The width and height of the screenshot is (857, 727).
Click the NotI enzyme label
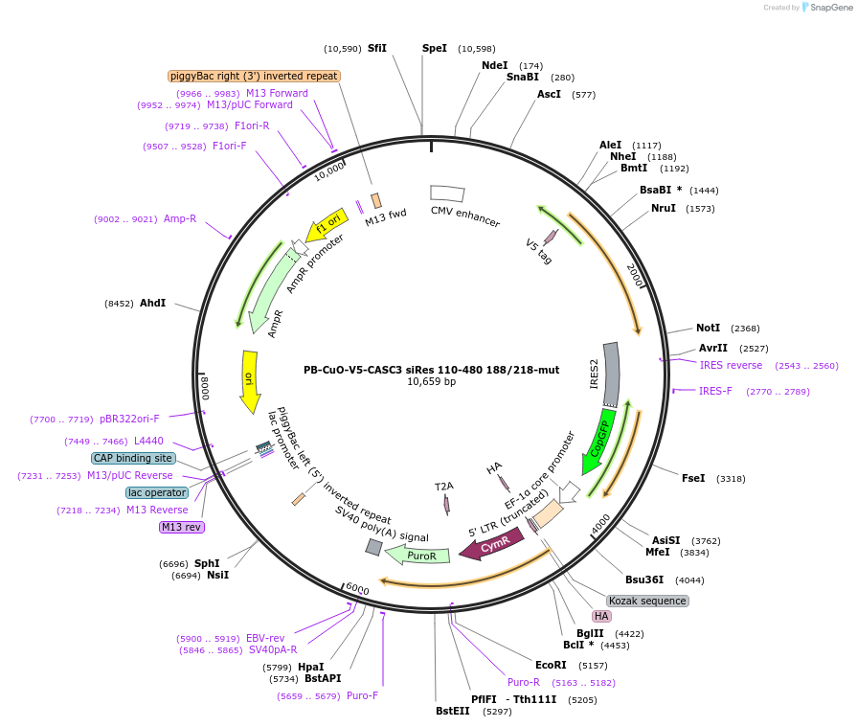click(709, 328)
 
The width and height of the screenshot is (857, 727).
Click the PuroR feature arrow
click(422, 556)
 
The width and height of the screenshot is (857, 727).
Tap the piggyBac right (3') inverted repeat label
click(254, 76)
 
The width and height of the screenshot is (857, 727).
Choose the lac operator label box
click(157, 492)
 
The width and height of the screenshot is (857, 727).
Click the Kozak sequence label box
click(647, 601)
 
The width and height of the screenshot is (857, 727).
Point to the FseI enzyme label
click(693, 478)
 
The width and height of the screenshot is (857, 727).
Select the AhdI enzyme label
click(153, 303)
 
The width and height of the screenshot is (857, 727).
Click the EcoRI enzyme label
click(551, 665)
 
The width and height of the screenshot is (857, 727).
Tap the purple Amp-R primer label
click(180, 218)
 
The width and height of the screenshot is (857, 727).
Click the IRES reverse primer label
click(732, 365)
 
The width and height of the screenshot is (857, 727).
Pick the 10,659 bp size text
click(431, 381)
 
